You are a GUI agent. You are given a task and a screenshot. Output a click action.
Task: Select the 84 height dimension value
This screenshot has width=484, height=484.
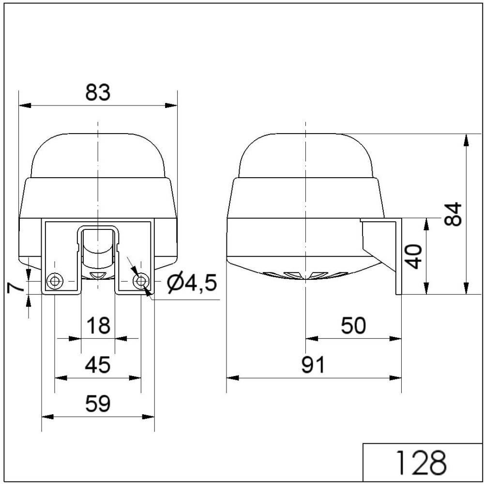point(454,214)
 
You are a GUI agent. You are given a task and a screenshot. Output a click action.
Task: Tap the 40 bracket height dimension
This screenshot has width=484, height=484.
point(413,256)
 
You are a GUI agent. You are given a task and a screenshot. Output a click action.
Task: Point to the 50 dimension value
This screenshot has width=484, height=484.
point(353,326)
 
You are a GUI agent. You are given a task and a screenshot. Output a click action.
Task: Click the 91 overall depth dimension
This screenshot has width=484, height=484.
point(313,365)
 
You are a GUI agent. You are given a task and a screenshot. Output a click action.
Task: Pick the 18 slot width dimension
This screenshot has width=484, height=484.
point(98,326)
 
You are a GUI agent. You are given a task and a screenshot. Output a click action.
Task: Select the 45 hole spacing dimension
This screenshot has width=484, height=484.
point(98,364)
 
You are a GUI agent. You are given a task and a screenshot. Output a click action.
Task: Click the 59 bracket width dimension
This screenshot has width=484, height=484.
point(98,403)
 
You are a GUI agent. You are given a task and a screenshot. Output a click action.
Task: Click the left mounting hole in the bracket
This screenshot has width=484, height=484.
point(54,281)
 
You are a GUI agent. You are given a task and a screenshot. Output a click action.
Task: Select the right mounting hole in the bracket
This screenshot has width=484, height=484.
point(141,281)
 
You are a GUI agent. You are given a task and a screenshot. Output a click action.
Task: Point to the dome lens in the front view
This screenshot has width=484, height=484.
point(98,155)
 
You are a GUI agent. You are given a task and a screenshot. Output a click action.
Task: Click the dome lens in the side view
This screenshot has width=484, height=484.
point(306,155)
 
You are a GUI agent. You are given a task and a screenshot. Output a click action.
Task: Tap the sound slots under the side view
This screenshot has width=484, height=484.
point(306,275)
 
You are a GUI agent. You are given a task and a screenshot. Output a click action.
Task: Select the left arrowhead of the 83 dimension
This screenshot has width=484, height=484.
point(23,105)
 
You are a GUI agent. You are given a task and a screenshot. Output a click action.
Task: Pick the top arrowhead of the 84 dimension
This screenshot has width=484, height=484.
point(466,139)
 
